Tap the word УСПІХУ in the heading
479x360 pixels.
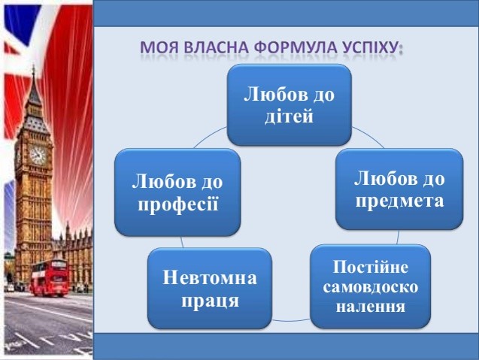point(370,47)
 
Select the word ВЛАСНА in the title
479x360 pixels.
point(216,47)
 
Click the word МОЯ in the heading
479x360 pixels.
point(159,47)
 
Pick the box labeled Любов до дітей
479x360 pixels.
point(290,104)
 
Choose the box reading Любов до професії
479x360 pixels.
point(177,192)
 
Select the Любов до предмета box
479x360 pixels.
point(399,189)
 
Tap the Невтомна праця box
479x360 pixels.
point(210,289)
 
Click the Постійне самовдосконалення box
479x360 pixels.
point(370,286)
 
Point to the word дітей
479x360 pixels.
point(289,116)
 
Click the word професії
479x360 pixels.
point(178,204)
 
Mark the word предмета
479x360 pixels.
point(399,201)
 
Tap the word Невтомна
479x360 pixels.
point(210,277)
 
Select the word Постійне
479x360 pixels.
point(371,267)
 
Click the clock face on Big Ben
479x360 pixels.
point(38,156)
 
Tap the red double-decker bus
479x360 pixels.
point(50,277)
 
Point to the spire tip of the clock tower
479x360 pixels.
point(33,65)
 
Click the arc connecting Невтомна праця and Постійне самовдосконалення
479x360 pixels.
point(291,321)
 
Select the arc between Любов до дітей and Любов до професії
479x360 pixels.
point(211,136)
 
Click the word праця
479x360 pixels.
point(211,301)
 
